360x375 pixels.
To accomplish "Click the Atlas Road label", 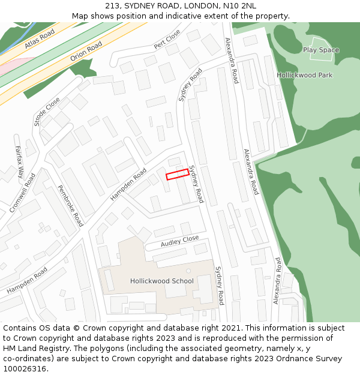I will pyautogui.click(x=40, y=38).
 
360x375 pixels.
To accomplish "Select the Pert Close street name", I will pyautogui.click(x=167, y=39).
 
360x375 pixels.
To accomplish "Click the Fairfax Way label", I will pyautogui.click(x=19, y=162).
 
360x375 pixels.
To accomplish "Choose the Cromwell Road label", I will pyautogui.click(x=23, y=193).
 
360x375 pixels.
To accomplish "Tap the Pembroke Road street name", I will pyautogui.click(x=70, y=205).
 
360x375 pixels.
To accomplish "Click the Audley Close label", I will pyautogui.click(x=179, y=242).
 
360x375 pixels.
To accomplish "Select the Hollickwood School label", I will pyautogui.click(x=162, y=281).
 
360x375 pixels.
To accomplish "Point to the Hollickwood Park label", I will pyautogui.click(x=305, y=76).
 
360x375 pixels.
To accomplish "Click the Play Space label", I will pyautogui.click(x=320, y=50).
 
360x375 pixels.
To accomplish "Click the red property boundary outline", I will pyautogui.click(x=178, y=174).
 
